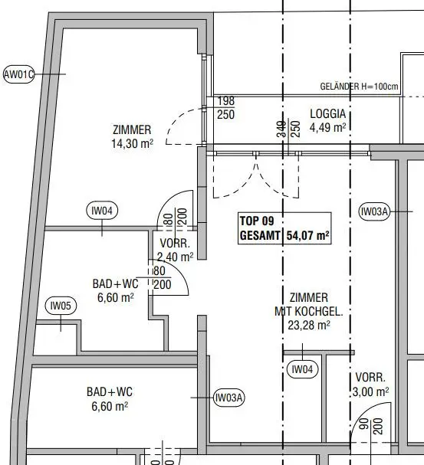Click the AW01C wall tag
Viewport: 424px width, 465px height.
(18, 74)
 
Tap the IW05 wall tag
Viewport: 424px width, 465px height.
(61, 306)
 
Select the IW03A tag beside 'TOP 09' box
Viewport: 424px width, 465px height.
(374, 211)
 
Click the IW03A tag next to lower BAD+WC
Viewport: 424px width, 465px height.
(229, 398)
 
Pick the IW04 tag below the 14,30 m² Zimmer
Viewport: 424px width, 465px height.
(102, 211)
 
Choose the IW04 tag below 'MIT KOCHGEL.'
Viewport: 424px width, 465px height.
(303, 369)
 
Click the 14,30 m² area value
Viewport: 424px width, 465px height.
(133, 144)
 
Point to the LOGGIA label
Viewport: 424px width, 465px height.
(328, 114)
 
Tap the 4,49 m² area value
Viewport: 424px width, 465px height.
(328, 128)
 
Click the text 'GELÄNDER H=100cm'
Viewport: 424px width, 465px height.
(359, 87)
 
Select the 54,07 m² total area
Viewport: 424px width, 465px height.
(308, 236)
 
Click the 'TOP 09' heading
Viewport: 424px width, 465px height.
(257, 221)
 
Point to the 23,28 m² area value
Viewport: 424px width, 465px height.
(309, 326)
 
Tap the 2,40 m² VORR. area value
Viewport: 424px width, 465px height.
(175, 257)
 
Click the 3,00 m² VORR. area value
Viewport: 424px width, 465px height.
(371, 392)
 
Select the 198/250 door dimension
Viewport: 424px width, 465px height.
(225, 108)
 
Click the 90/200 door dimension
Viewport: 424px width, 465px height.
(372, 426)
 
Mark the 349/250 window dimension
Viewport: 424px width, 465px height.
(289, 129)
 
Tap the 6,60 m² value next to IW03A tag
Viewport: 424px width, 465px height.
(110, 406)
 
